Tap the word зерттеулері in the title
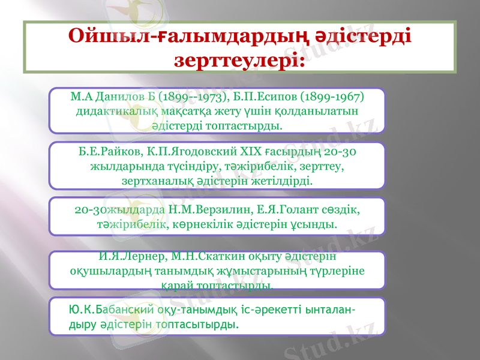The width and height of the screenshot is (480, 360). coord(238,61)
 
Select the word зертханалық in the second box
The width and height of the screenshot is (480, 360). coord(154,179)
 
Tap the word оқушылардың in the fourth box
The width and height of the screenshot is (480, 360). coord(108,271)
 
